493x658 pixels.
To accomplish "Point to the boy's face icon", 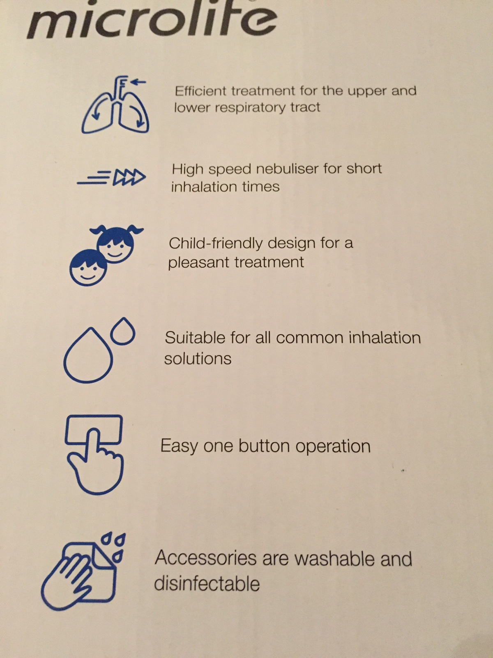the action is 88,268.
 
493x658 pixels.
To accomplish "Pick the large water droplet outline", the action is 88,355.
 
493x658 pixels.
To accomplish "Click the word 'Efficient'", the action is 200,91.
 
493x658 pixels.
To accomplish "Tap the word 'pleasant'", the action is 199,263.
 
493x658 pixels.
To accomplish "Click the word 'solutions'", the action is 198,359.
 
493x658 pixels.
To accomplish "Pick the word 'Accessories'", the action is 206,558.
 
